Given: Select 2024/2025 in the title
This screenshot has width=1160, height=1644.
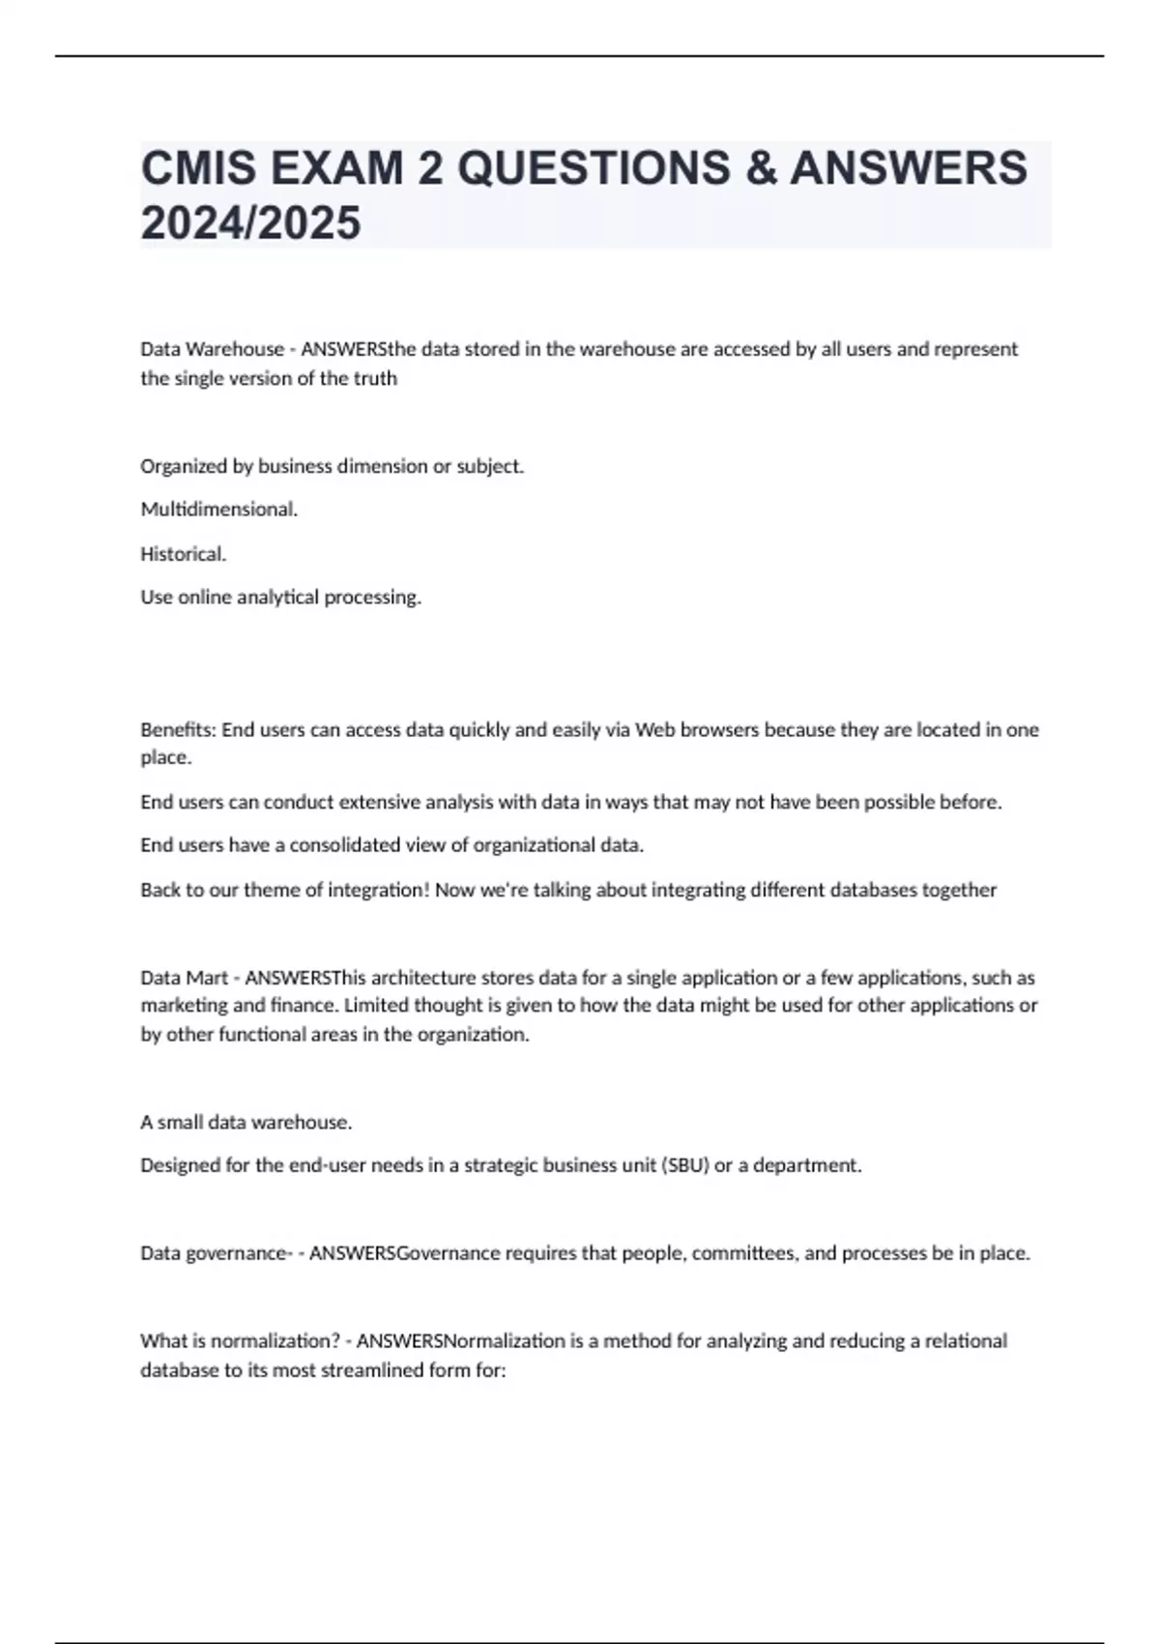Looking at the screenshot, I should click(x=250, y=222).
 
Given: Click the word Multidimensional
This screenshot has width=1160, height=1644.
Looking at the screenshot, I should click(x=218, y=509).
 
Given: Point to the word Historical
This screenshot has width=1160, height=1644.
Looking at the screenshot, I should click(x=183, y=553).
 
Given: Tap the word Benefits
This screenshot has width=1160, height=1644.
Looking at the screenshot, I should click(x=178, y=729).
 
